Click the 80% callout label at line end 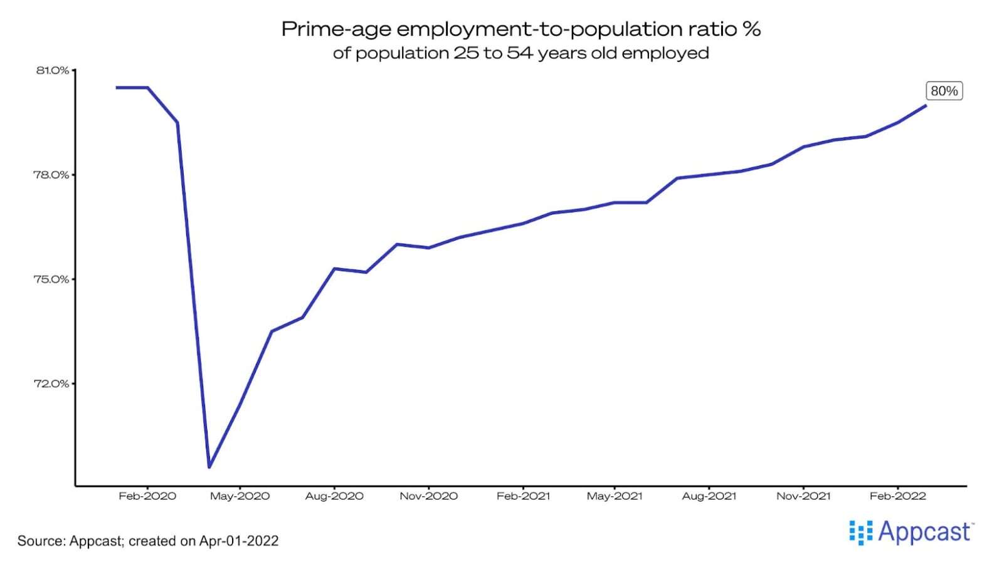click(x=944, y=91)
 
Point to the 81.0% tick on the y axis click(x=53, y=70)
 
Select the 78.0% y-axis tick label click(x=51, y=175)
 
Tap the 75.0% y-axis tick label click(x=51, y=279)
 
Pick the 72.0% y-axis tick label click(x=51, y=383)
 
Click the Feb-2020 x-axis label click(x=147, y=496)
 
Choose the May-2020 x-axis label click(x=240, y=496)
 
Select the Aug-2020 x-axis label click(x=334, y=496)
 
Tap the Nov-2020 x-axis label click(x=429, y=496)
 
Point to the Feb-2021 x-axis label click(x=523, y=496)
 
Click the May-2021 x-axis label click(x=615, y=496)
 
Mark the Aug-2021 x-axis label click(x=709, y=496)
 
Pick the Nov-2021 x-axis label click(x=803, y=496)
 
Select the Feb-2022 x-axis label click(x=897, y=496)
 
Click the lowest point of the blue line click(x=209, y=467)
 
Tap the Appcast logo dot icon click(x=860, y=532)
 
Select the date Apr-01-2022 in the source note click(x=239, y=541)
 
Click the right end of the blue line click(x=926, y=105)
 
